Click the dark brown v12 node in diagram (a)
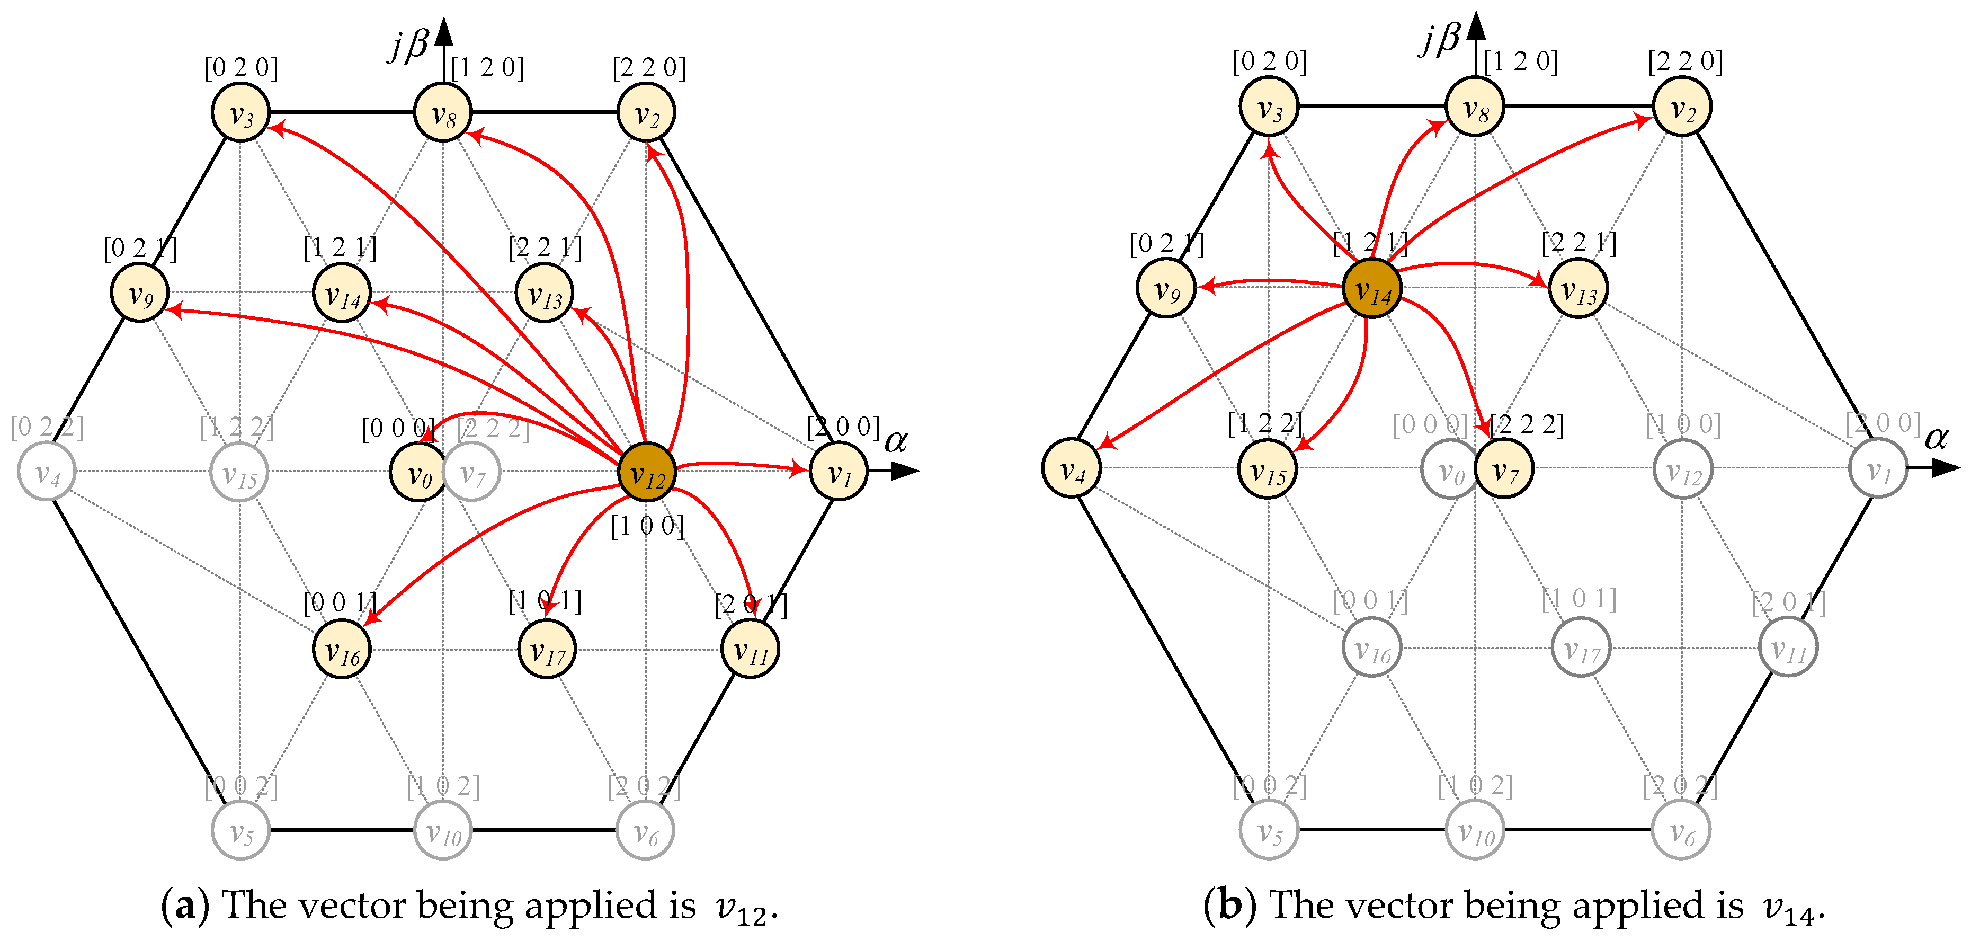tap(647, 472)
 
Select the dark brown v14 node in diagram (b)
tap(1372, 288)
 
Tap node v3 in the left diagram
tap(240, 112)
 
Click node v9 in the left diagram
tap(140, 292)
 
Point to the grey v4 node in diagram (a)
tap(47, 472)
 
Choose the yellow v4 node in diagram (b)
tap(1071, 468)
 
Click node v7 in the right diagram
tap(1503, 468)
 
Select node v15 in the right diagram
tap(1267, 468)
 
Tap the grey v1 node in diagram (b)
tap(1878, 468)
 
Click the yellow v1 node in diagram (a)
tap(839, 472)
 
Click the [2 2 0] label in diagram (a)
tap(649, 67)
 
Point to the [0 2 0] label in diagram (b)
tap(1269, 61)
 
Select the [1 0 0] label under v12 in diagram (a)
tap(647, 526)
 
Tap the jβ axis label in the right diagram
tap(1440, 38)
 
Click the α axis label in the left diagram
tap(896, 441)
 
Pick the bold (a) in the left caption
tap(184, 906)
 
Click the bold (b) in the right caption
tap(1229, 906)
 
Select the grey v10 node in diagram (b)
tap(1475, 830)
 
